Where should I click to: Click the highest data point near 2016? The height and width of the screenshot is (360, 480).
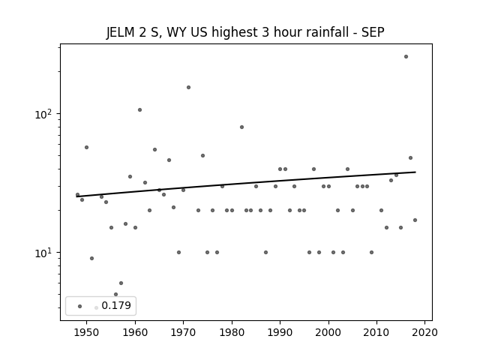[x=406, y=57]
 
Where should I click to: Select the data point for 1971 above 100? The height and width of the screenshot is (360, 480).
[x=188, y=87]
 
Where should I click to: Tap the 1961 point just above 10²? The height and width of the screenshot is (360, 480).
[x=140, y=110]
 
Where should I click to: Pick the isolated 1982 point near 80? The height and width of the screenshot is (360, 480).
[x=241, y=127]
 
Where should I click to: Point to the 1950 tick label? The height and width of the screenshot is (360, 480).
[x=86, y=332]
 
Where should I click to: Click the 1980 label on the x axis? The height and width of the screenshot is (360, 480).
[x=232, y=332]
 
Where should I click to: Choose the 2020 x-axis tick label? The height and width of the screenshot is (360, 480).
[x=424, y=332]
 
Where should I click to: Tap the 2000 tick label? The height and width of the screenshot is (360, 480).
[x=328, y=332]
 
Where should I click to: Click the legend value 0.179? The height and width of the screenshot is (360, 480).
[x=116, y=305]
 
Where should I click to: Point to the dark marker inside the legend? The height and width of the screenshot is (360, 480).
[x=80, y=306]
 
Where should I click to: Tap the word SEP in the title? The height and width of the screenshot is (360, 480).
[x=373, y=32]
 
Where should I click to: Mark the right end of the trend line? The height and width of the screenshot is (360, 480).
[x=415, y=172]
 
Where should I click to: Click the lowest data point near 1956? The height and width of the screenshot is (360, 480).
[x=115, y=294]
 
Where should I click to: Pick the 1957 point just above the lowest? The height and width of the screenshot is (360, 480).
[x=121, y=283]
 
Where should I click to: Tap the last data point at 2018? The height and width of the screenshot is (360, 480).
[x=415, y=220]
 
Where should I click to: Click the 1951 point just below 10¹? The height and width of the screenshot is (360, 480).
[x=91, y=258]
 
